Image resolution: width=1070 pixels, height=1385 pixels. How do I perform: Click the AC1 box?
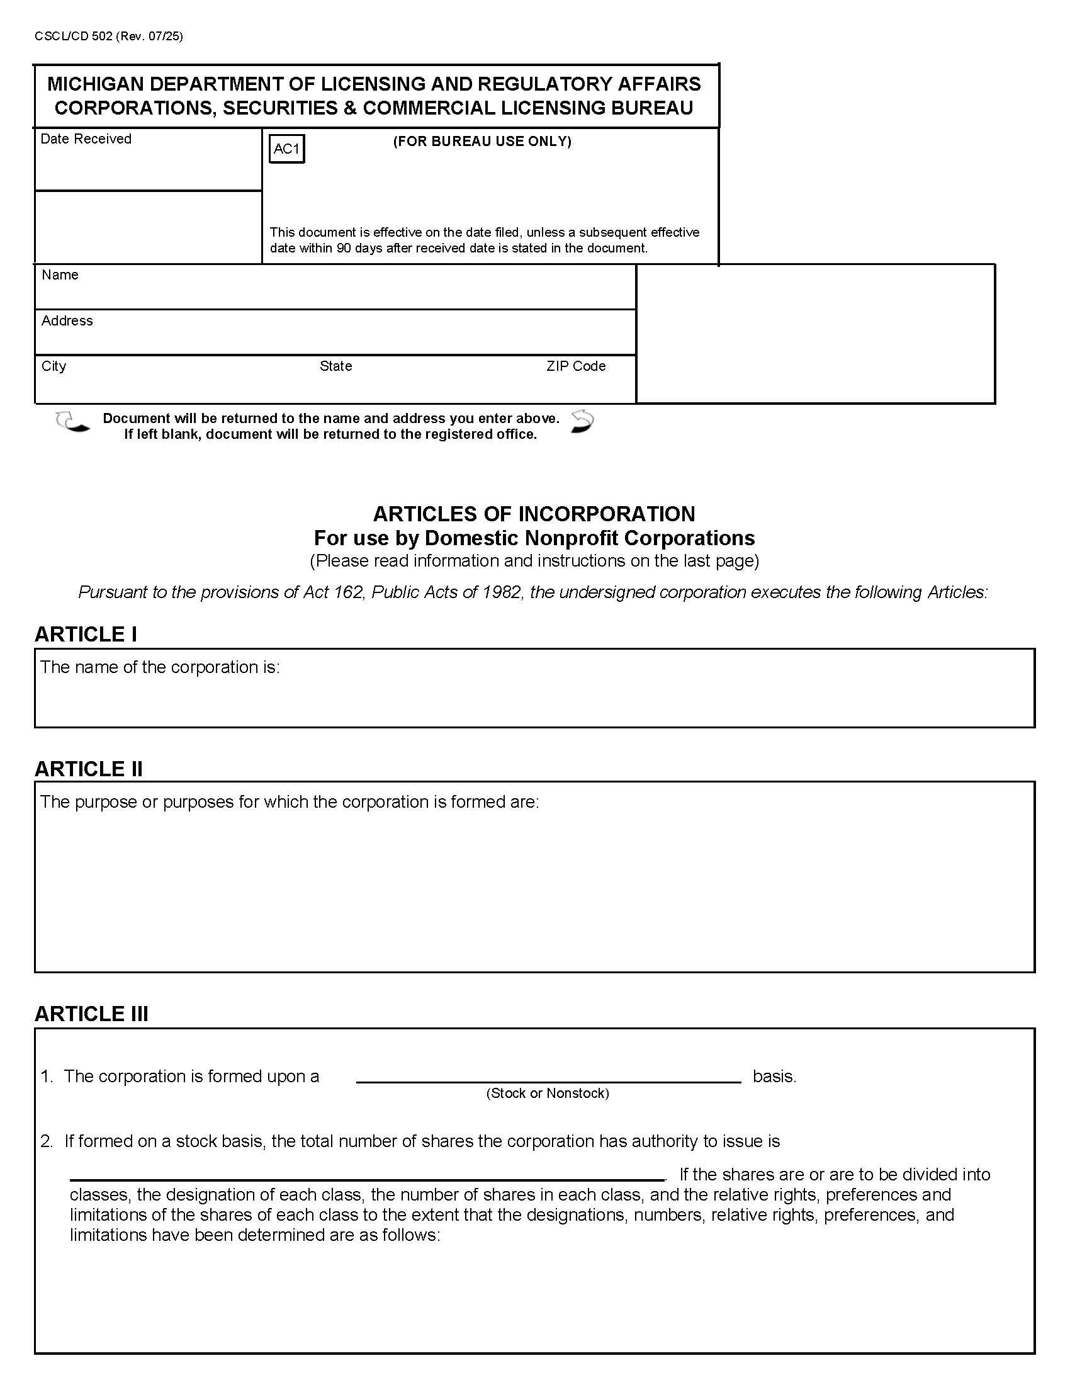pyautogui.click(x=286, y=149)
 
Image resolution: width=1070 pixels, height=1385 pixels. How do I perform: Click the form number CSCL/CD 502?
pyautogui.click(x=74, y=36)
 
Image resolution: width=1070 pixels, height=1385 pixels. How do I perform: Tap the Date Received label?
pyautogui.click(x=86, y=139)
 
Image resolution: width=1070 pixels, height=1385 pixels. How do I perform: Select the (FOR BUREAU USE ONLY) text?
pyautogui.click(x=481, y=142)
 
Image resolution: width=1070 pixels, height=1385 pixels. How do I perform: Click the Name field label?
pyautogui.click(x=60, y=274)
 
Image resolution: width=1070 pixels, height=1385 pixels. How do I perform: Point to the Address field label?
pyautogui.click(x=67, y=320)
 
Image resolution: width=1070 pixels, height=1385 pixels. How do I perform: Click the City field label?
pyautogui.click(x=53, y=366)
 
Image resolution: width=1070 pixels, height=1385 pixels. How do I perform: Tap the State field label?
pyautogui.click(x=335, y=366)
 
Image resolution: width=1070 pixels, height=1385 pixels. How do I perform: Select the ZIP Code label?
pyautogui.click(x=575, y=366)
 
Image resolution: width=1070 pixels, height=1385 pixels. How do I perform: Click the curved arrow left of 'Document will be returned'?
pyautogui.click(x=72, y=422)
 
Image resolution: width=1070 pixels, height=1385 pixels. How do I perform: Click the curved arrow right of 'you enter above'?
pyautogui.click(x=582, y=421)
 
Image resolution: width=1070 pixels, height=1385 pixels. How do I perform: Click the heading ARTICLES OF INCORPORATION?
pyautogui.click(x=534, y=513)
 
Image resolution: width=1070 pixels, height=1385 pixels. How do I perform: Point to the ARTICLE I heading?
pyautogui.click(x=86, y=634)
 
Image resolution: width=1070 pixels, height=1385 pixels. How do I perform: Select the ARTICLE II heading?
pyautogui.click(x=89, y=769)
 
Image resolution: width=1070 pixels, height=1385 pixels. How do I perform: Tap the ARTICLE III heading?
pyautogui.click(x=91, y=1014)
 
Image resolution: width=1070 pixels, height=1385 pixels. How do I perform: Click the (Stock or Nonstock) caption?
pyautogui.click(x=547, y=1093)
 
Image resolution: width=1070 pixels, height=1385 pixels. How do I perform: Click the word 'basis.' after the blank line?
pyautogui.click(x=774, y=1076)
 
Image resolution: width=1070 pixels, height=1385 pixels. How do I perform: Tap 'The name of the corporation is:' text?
pyautogui.click(x=160, y=667)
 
